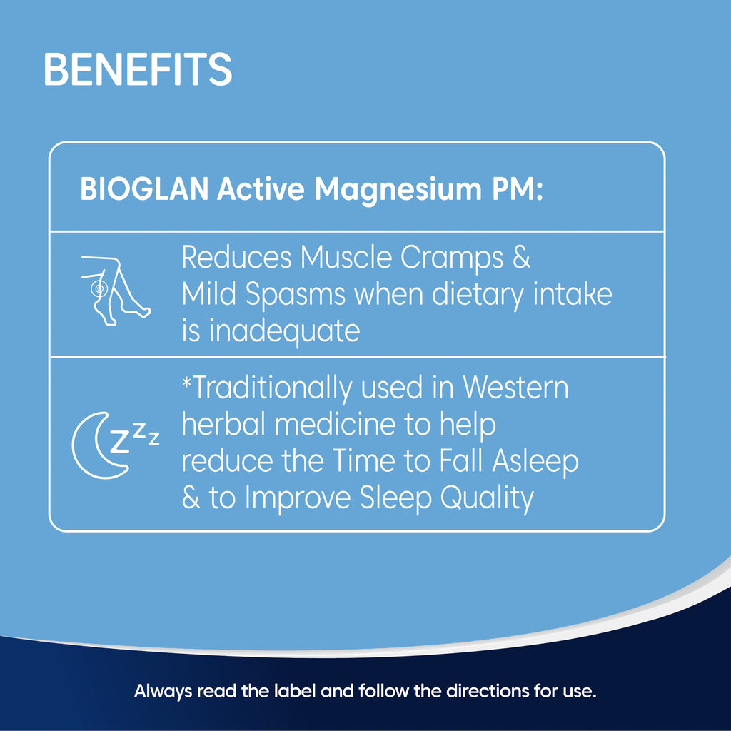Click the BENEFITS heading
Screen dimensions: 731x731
pyautogui.click(x=138, y=69)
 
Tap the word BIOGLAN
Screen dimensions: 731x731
pyautogui.click(x=144, y=189)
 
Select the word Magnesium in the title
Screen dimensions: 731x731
pyautogui.click(x=398, y=190)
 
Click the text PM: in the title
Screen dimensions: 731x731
pyautogui.click(x=518, y=189)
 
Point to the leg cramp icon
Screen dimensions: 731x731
pyautogui.click(x=116, y=290)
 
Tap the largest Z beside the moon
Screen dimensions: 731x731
pyautogui.click(x=119, y=441)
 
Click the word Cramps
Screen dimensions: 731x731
pyautogui.click(x=452, y=258)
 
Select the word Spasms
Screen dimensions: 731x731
pyautogui.click(x=295, y=295)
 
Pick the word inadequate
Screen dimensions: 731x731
pyautogui.click(x=284, y=331)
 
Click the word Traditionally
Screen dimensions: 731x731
pyautogui.click(x=273, y=388)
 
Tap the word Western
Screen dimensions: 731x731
pyautogui.click(x=515, y=388)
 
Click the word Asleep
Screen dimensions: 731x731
pyautogui.click(x=535, y=462)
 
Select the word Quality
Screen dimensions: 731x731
pyautogui.click(x=487, y=498)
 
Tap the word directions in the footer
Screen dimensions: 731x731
pyautogui.click(x=488, y=690)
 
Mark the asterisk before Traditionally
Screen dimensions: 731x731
pyautogui.click(x=186, y=383)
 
